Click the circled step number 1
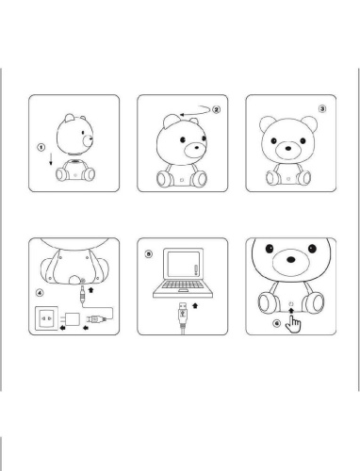click(41, 148)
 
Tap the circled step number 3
click(322, 108)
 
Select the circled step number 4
click(39, 293)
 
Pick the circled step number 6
click(275, 323)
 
